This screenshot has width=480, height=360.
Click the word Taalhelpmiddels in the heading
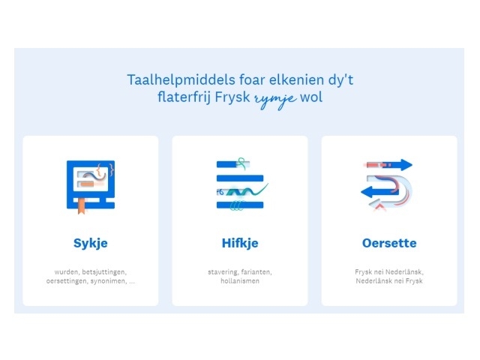click(x=181, y=80)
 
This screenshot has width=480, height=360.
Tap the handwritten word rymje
click(x=275, y=99)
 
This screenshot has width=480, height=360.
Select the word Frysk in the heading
click(x=232, y=98)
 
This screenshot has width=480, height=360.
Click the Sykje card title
click(x=91, y=243)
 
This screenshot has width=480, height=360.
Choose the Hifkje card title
click(x=240, y=243)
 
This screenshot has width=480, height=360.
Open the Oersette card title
click(x=389, y=243)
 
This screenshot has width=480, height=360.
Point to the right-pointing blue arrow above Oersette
click(x=389, y=165)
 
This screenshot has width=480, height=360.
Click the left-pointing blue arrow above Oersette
click(x=379, y=192)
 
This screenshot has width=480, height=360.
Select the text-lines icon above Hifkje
click(x=241, y=184)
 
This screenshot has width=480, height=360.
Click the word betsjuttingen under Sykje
click(x=104, y=272)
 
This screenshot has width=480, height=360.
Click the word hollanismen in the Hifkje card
click(x=240, y=281)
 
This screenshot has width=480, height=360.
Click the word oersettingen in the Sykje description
click(x=67, y=281)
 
